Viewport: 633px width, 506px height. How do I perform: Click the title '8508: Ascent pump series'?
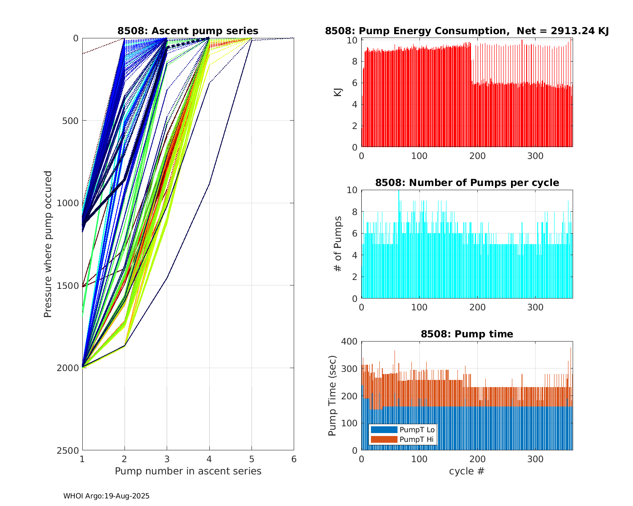point(188,31)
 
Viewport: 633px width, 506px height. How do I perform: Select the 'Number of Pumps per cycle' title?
point(467,183)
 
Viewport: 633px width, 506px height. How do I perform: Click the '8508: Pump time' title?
point(467,334)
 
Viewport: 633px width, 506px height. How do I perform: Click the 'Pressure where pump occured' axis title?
point(48,244)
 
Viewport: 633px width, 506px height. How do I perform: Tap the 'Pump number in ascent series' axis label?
point(188,471)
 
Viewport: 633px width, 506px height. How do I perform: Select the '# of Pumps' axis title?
point(338,244)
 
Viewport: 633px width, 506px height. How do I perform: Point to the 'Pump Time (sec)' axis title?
point(333,396)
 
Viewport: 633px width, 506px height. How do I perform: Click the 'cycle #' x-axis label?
point(467,471)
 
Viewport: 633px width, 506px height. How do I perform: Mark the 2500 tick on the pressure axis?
point(70,450)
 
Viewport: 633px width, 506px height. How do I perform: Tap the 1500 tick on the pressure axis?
point(70,285)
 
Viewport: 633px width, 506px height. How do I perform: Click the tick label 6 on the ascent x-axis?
point(294,459)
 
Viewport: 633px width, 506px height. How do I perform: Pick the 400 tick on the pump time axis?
point(349,341)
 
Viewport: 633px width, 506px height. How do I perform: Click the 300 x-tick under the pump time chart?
point(535,459)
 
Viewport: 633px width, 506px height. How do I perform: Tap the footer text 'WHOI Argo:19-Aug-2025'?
point(106,496)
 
